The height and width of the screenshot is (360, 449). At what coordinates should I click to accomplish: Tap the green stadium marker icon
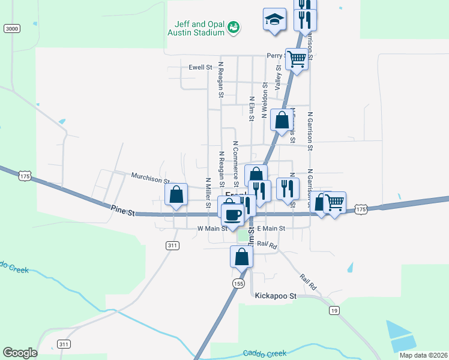(233, 27)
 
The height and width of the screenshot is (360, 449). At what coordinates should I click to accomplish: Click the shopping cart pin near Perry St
(297, 59)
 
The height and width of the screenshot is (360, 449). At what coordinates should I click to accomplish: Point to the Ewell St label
(200, 68)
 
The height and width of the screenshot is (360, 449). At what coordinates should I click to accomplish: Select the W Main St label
(212, 229)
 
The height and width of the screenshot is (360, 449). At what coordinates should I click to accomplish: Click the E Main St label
(271, 229)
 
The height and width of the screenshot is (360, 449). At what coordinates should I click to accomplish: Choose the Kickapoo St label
(276, 296)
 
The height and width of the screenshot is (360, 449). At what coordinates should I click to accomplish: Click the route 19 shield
(334, 310)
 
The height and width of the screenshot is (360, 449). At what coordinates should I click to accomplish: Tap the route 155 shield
(238, 283)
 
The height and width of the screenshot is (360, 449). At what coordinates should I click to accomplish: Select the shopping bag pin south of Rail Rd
(241, 256)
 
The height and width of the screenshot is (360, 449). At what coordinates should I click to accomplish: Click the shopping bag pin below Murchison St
(176, 195)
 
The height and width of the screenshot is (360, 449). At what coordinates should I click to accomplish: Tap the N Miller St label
(208, 193)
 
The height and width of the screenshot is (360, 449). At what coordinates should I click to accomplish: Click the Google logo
(20, 353)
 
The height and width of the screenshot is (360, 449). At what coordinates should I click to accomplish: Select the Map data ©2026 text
(423, 355)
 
